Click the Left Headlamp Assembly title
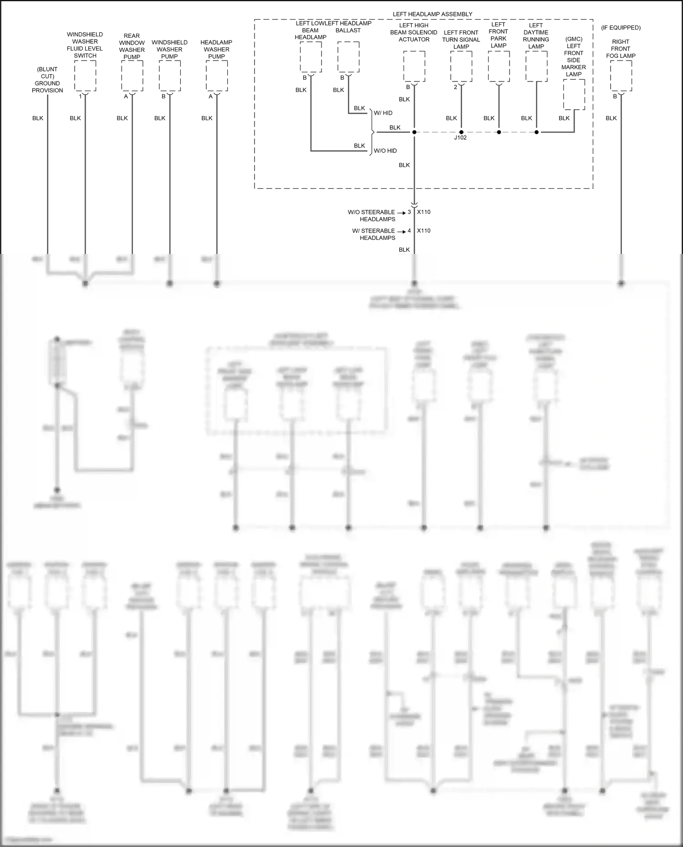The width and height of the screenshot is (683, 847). tap(432, 14)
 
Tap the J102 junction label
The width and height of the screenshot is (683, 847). tap(460, 137)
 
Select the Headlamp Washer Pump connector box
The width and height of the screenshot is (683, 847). tap(217, 76)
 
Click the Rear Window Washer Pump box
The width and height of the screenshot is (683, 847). tap(132, 76)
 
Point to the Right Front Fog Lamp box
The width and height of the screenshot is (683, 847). tap(621, 76)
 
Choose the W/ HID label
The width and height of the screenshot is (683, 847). tap(383, 113)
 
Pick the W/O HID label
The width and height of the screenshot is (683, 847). tap(385, 151)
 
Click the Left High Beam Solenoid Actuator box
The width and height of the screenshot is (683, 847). tap(414, 66)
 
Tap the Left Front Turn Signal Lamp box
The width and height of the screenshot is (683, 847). tap(461, 66)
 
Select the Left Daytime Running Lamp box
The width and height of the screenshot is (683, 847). tap(536, 66)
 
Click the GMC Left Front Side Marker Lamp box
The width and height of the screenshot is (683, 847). tap(574, 95)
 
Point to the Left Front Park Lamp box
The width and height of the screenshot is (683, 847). tap(499, 66)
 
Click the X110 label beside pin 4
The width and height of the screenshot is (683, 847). tap(423, 231)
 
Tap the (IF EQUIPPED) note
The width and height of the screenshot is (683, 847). tap(621, 28)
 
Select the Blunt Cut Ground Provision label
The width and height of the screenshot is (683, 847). tap(47, 80)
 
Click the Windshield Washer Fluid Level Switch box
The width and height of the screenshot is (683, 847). tap(85, 76)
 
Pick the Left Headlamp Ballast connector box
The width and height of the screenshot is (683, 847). tap(348, 57)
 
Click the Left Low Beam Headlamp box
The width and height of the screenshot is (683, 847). tap(311, 57)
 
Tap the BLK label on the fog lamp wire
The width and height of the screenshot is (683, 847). tap(611, 118)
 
